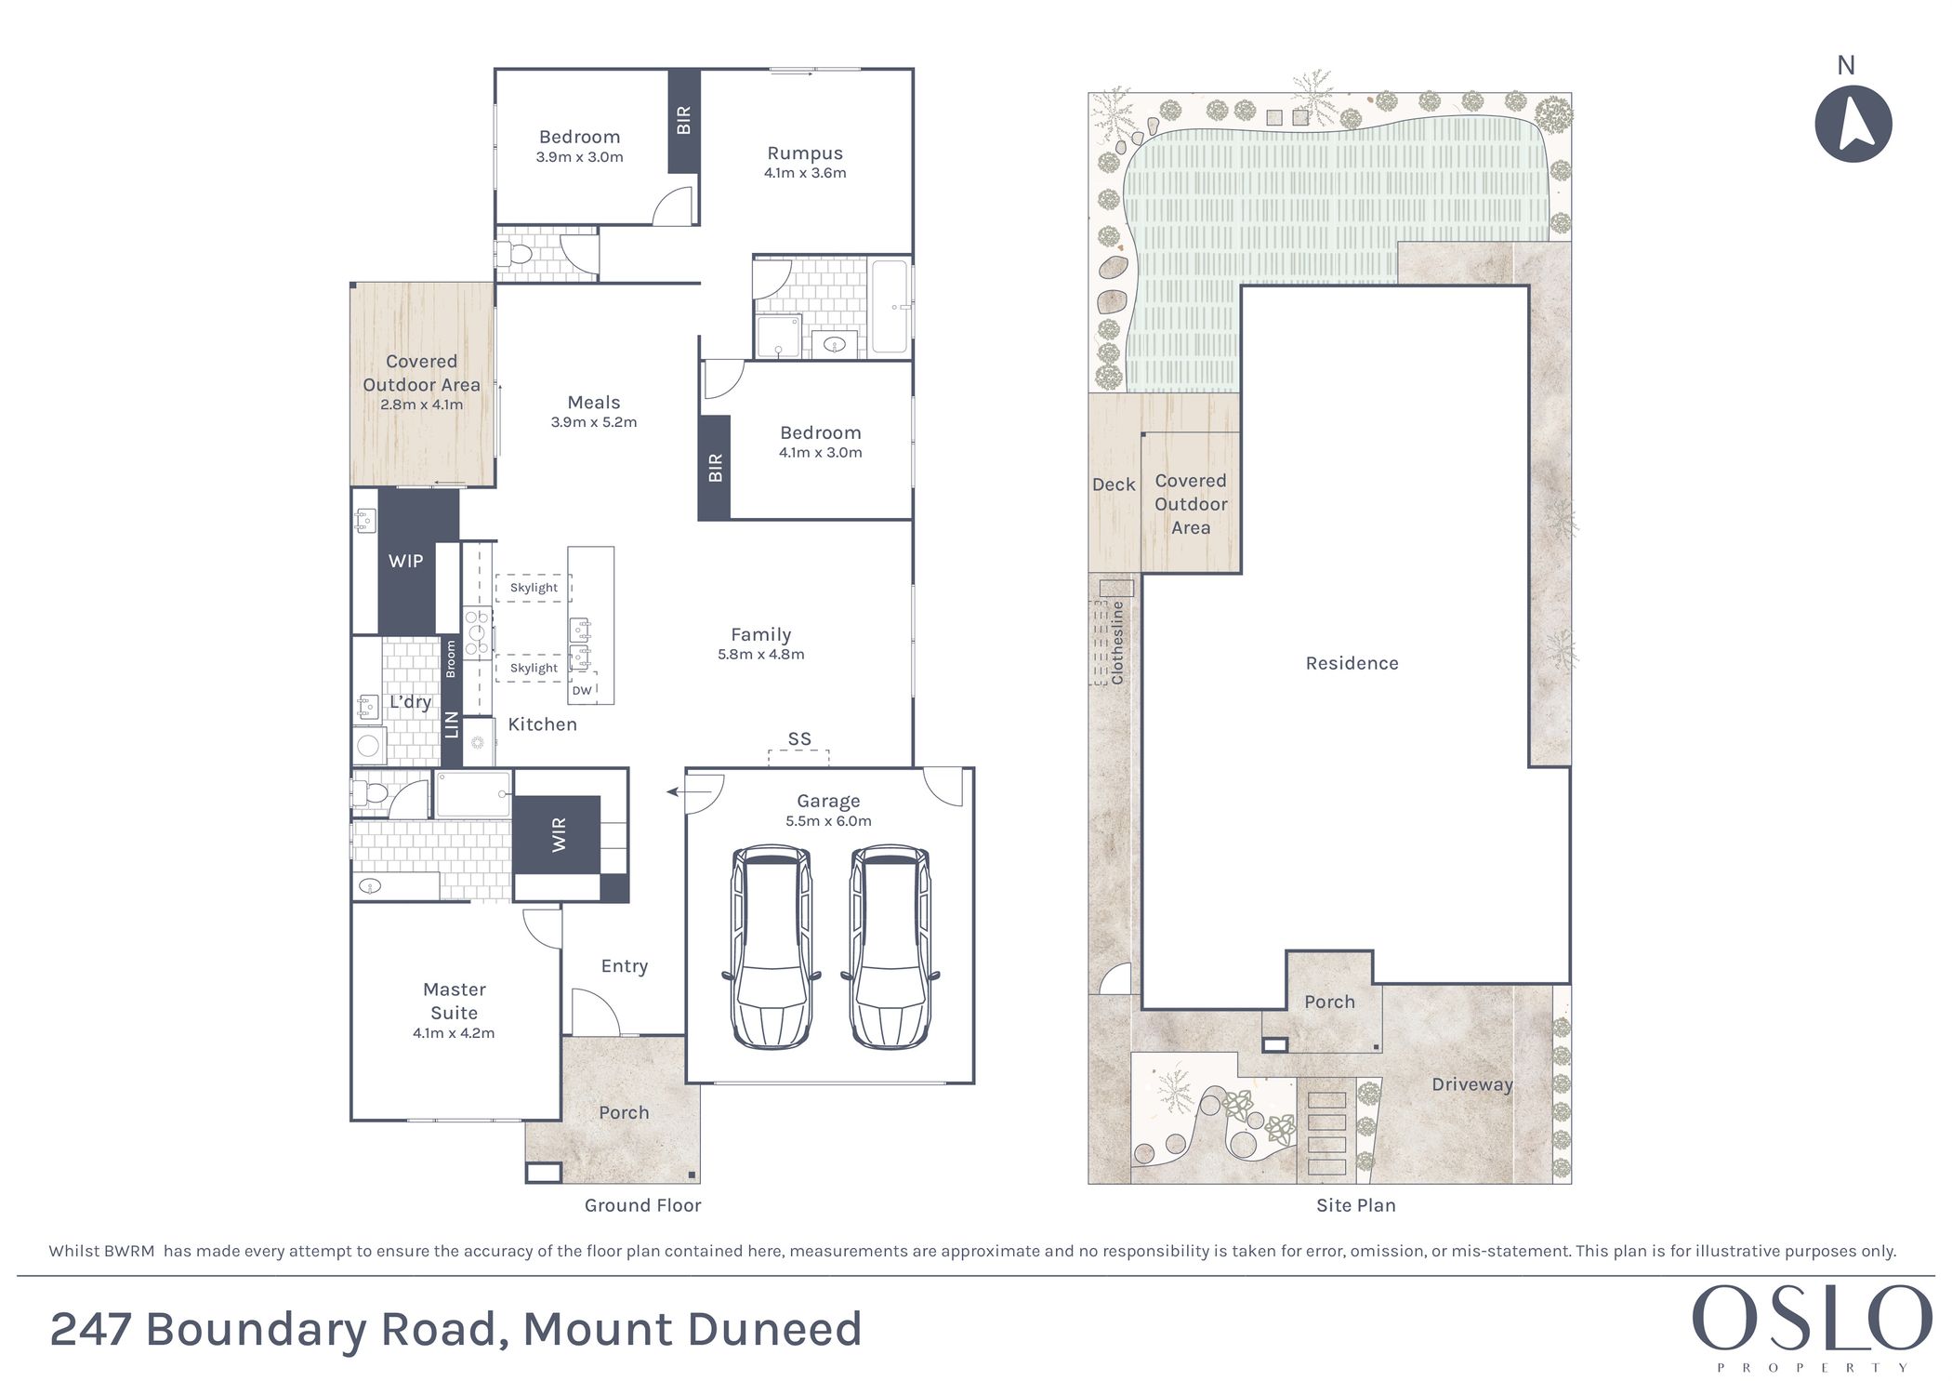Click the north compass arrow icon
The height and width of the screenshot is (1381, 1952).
[x=1853, y=125]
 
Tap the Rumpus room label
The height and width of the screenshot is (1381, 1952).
[x=805, y=153]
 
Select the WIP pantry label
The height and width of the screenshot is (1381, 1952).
[x=406, y=561]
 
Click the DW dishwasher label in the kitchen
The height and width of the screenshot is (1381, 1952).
[x=582, y=690]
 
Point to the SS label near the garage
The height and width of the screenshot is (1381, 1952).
[x=799, y=738]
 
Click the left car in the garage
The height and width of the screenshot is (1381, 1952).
[x=772, y=947]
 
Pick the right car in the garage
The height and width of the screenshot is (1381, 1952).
[x=890, y=947]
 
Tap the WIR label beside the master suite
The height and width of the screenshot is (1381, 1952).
[x=559, y=835]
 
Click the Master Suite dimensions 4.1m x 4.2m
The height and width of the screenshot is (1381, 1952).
[x=454, y=1032]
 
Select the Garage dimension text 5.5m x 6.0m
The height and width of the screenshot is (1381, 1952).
[x=828, y=820]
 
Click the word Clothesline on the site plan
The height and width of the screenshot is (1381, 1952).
[x=1117, y=643]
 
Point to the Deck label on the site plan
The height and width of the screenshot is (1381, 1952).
[x=1114, y=485]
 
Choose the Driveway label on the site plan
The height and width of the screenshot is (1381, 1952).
[x=1472, y=1084]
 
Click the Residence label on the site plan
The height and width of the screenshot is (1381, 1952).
[x=1352, y=663]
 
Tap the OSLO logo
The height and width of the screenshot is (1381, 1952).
[x=1812, y=1326]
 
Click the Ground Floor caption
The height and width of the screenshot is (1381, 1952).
[x=643, y=1205]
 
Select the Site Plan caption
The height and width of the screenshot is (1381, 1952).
[x=1356, y=1205]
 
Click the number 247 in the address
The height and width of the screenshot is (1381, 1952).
[x=90, y=1329]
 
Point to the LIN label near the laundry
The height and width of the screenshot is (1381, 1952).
[x=452, y=724]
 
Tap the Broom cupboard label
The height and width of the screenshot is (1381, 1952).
[x=451, y=658]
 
